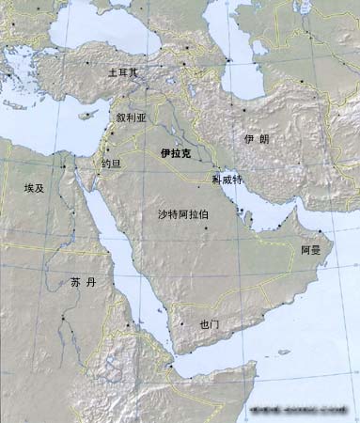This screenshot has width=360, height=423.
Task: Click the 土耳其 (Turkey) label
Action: coord(122,71)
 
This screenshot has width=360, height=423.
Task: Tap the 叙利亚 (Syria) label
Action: coord(132,118)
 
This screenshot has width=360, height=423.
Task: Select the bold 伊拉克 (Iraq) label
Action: coord(175,151)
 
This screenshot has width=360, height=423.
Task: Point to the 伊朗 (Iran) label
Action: coord(256,138)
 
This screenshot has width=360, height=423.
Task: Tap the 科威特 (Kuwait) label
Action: coord(227,178)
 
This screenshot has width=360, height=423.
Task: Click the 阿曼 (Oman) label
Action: coord(311,251)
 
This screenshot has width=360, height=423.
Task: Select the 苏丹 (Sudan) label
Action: coord(83,281)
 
